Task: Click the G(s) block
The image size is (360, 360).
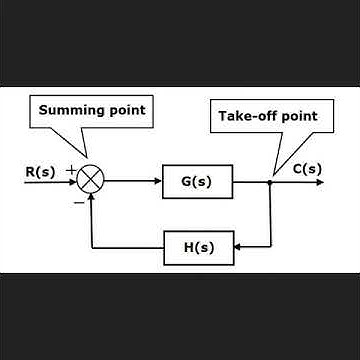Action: coord(197,183)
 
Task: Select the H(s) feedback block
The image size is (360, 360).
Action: coord(197,246)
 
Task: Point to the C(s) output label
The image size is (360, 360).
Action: coord(307,170)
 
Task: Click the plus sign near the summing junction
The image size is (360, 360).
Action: coord(70,172)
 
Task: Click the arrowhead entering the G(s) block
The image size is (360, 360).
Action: coord(157,183)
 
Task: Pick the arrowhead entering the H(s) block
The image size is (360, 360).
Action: coord(238,246)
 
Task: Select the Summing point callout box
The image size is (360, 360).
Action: coord(92,109)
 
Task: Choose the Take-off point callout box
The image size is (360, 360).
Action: coord(267,116)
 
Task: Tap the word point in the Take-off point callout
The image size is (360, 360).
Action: coord(298,116)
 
